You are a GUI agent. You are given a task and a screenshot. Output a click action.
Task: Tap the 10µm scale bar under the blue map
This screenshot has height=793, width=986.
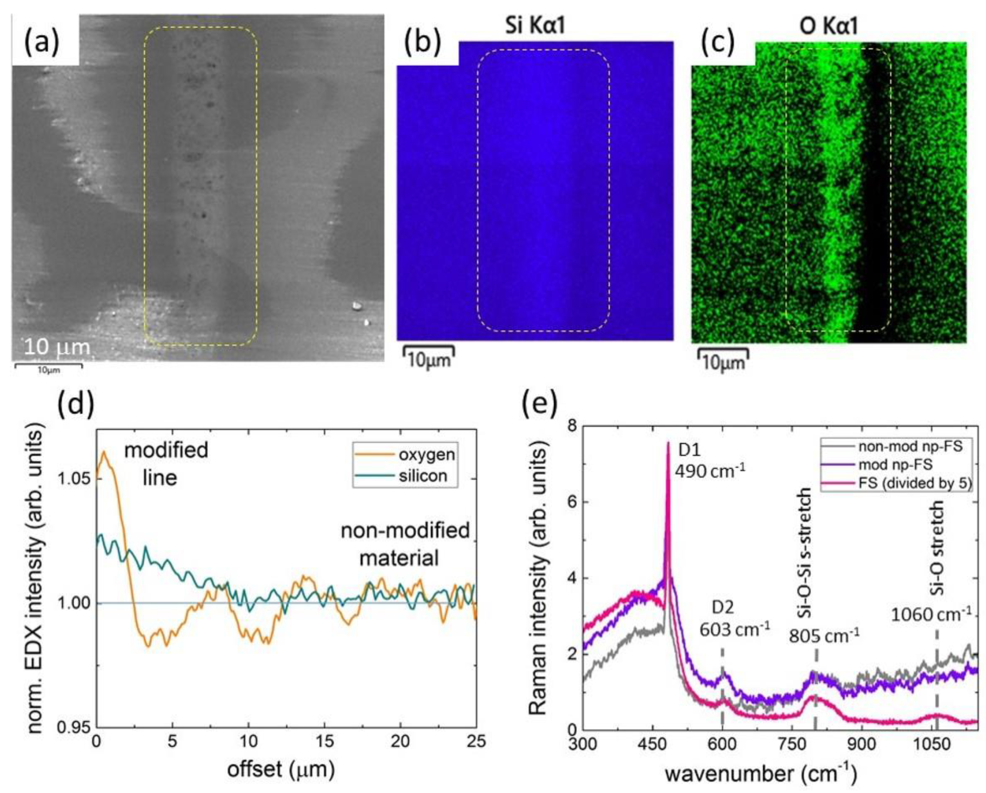pyautogui.click(x=429, y=358)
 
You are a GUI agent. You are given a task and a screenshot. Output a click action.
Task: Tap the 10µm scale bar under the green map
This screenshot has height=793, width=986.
pyautogui.click(x=723, y=360)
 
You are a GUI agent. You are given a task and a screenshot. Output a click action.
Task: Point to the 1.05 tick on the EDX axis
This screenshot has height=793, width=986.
pyautogui.click(x=75, y=479)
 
